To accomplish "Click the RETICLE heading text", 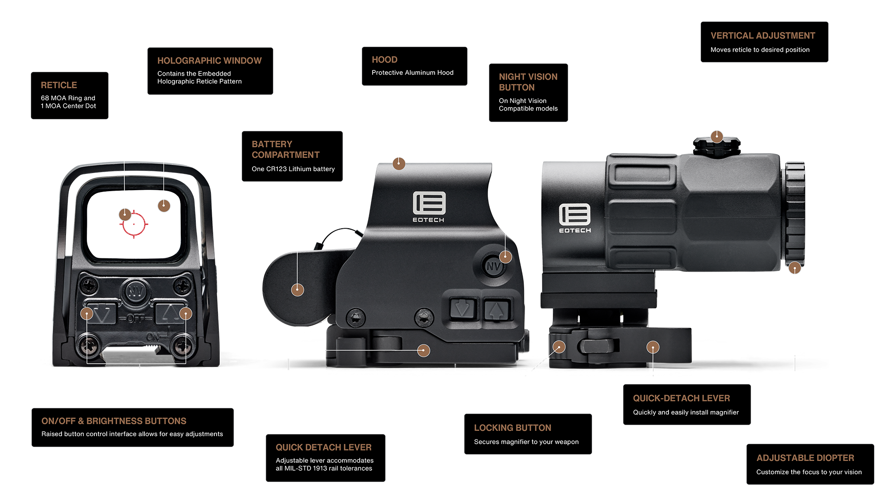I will click(59, 85).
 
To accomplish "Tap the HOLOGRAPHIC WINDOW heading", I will click(209, 61).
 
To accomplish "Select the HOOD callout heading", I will click(385, 60).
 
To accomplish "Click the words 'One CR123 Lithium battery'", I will click(293, 169).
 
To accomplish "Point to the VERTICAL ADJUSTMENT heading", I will click(762, 36).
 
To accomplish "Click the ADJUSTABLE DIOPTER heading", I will click(805, 458).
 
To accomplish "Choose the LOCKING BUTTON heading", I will click(513, 428).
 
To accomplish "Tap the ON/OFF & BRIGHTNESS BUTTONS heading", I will click(114, 421).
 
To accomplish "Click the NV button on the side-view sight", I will click(493, 266).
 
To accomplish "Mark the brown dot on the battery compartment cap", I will click(297, 290).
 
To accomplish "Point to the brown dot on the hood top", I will click(399, 164).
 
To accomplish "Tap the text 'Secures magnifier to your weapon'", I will click(526, 442).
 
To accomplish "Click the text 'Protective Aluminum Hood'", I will click(412, 73).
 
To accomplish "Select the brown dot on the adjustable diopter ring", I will click(795, 268).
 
